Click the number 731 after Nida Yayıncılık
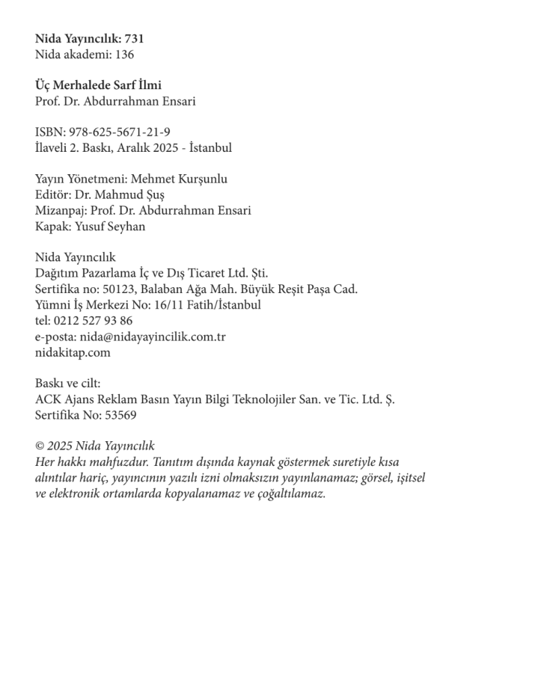click(x=133, y=38)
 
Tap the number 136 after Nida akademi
click(x=125, y=54)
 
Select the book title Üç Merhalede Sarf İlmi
click(x=98, y=85)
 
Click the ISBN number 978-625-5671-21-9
click(x=119, y=132)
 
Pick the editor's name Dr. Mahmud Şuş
click(x=115, y=195)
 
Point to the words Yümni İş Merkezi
click(x=82, y=305)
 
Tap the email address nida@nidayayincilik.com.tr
click(x=153, y=336)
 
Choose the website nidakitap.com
click(x=73, y=352)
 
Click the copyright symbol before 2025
click(x=40, y=446)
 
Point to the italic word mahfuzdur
click(x=102, y=462)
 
